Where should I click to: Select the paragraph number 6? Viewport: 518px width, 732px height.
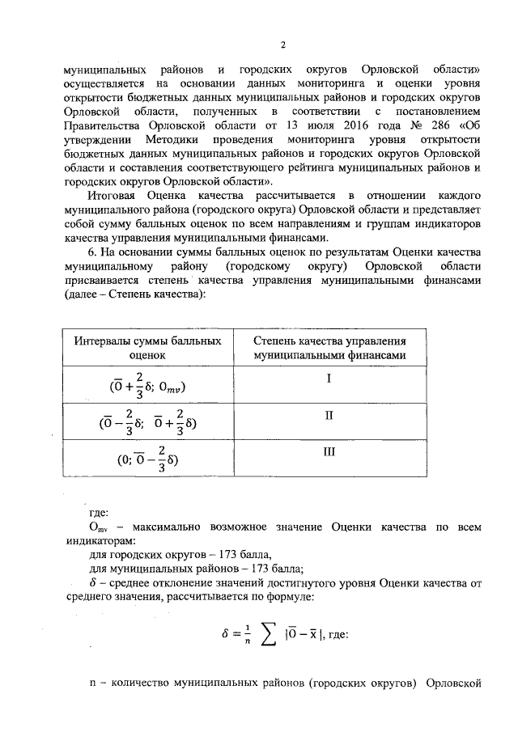tap(91, 253)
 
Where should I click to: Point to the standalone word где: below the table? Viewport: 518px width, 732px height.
tap(99, 511)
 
